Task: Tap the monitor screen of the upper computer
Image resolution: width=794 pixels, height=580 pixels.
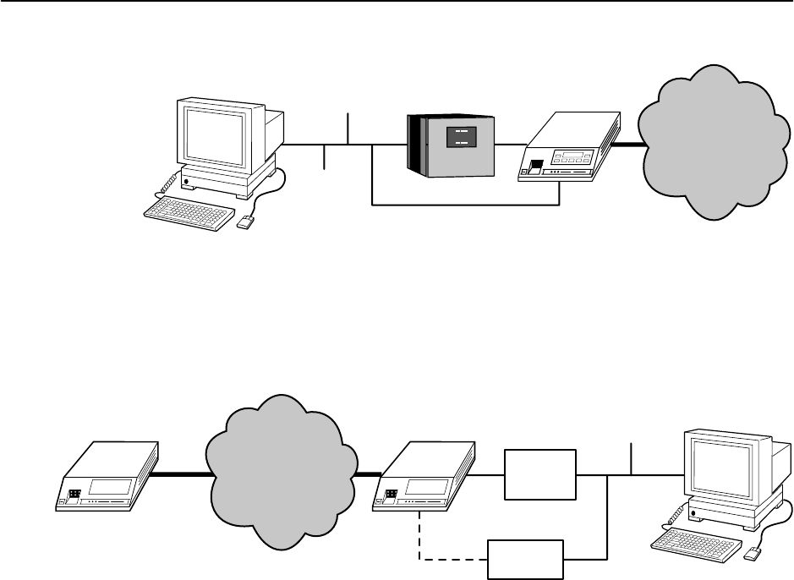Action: click(x=215, y=132)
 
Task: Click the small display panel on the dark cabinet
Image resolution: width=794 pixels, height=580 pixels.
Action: click(x=460, y=139)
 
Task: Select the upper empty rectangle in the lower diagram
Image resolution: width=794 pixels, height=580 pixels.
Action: click(x=540, y=474)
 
